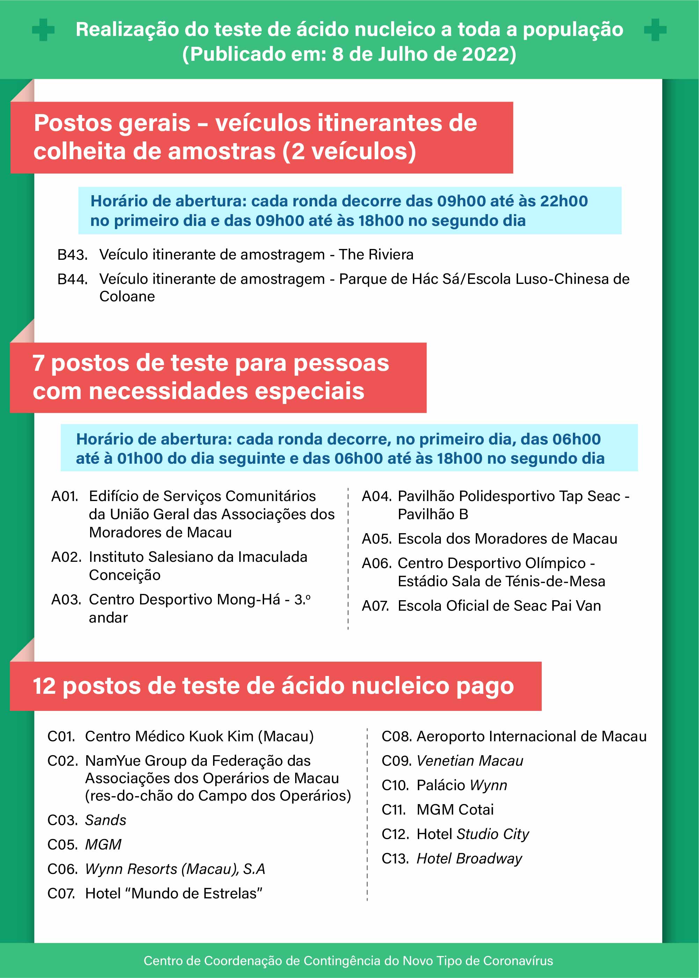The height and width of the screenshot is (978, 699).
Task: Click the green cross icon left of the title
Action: pos(43,30)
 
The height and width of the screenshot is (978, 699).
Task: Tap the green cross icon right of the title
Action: pos(655,30)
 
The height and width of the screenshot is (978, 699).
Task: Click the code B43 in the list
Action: pos(72,255)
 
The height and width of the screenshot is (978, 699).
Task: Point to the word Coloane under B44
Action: pos(127,296)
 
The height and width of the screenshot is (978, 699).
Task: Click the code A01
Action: pos(65,496)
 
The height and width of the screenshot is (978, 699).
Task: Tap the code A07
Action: pos(375,606)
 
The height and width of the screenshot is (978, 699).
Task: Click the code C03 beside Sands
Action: pos(61,820)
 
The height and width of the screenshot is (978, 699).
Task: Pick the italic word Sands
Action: pos(105,820)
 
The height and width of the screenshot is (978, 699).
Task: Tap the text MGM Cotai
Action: pos(455,809)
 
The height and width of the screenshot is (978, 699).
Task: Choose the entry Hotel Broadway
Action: pos(469,858)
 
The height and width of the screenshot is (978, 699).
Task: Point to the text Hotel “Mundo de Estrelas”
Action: pos(174,893)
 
